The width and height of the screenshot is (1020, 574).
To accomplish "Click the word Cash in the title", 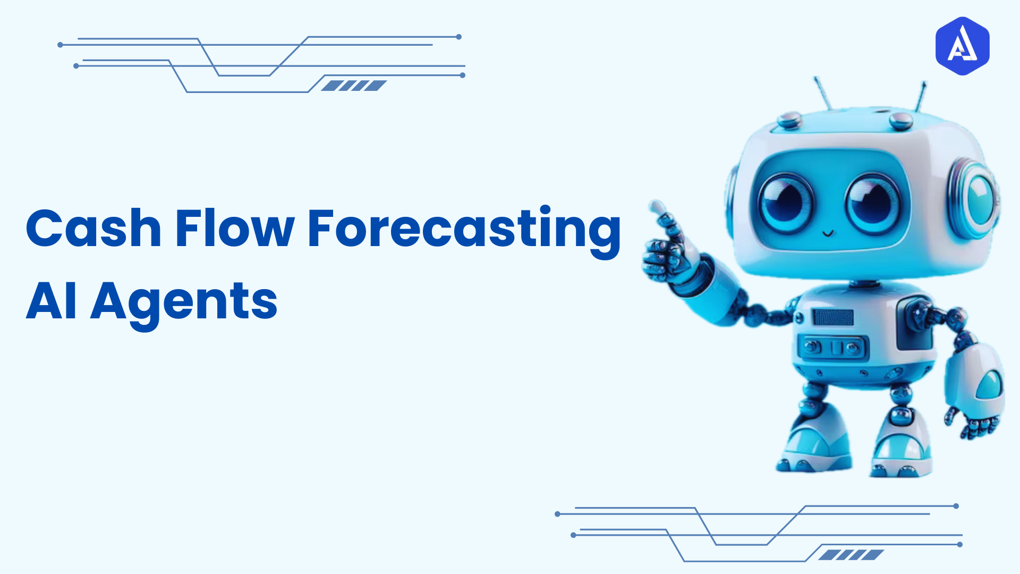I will coord(93,229).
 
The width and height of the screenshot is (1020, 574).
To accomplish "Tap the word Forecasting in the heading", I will coord(464,230).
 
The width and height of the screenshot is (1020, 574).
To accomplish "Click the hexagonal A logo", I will coord(962,46).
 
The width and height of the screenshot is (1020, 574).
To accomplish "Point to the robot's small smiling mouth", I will coord(828,233).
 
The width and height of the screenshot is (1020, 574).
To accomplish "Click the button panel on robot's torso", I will coord(832,348).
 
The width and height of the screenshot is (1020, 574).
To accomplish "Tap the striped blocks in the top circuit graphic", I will coord(354,86).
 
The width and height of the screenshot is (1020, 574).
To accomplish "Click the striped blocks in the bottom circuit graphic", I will coord(851,555).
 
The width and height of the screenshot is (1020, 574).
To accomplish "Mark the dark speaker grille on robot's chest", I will coord(833,317).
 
